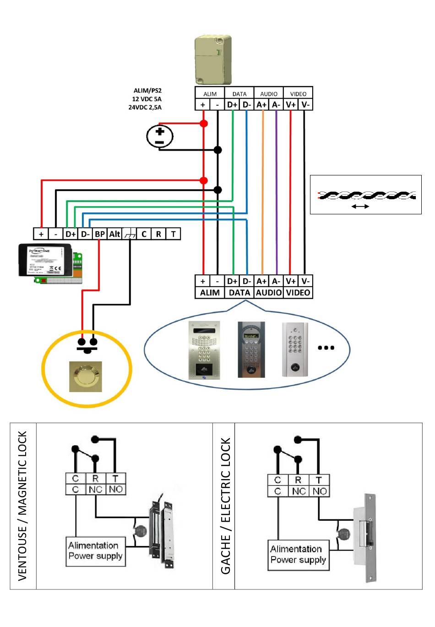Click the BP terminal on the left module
[x=99, y=234]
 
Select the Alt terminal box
[x=114, y=234]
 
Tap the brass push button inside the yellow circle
[x=86, y=377]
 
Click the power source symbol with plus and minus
[x=160, y=136]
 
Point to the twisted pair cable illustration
[x=366, y=196]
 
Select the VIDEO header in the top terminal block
[x=298, y=93]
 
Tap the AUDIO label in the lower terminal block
[x=269, y=293]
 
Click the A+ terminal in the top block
[x=261, y=105]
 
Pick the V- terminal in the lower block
[x=305, y=281]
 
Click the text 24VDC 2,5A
[x=145, y=108]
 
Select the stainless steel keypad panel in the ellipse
[x=205, y=350]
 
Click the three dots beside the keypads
[x=326, y=348]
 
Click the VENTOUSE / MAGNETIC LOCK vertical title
[x=22, y=506]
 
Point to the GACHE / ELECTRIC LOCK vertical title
[x=225, y=506]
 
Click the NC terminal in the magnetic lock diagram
[x=95, y=490]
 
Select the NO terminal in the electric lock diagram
[x=320, y=491]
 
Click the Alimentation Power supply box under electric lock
[x=298, y=555]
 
